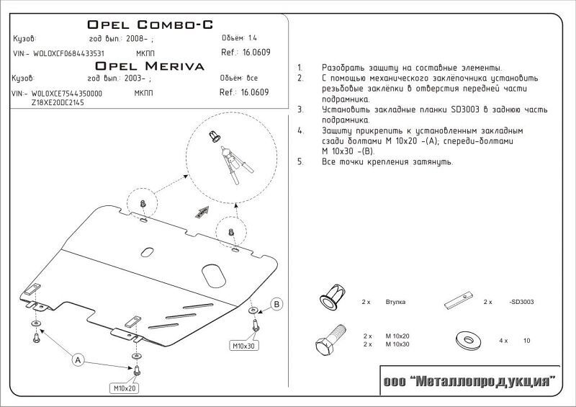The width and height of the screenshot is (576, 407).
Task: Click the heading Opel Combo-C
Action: [x=150, y=24]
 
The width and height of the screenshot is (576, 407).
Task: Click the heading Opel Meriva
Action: [x=150, y=66]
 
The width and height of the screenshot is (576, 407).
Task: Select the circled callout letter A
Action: [x=78, y=360]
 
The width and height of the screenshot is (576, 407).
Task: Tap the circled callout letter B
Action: [x=276, y=304]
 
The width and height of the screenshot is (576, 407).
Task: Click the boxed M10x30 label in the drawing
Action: [x=243, y=346]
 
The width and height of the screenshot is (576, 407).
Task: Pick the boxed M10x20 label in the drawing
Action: [x=125, y=388]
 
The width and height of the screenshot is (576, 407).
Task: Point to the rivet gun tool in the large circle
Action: [x=236, y=165]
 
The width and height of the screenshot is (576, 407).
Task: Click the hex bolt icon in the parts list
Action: [x=330, y=340]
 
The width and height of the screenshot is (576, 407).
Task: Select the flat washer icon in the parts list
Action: [x=468, y=340]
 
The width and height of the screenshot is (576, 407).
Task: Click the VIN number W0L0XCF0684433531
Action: [x=68, y=53]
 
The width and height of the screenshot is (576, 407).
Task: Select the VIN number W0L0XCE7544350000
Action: [x=67, y=94]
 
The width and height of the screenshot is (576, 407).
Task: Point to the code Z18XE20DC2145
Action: [x=58, y=102]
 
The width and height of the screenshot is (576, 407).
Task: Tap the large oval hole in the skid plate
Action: [x=213, y=275]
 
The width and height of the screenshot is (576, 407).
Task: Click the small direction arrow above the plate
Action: [x=202, y=213]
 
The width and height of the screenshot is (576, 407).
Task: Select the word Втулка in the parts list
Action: [x=395, y=302]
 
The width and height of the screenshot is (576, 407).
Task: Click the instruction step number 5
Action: [x=300, y=162]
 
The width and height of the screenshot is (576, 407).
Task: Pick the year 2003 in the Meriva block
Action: [x=132, y=79]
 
